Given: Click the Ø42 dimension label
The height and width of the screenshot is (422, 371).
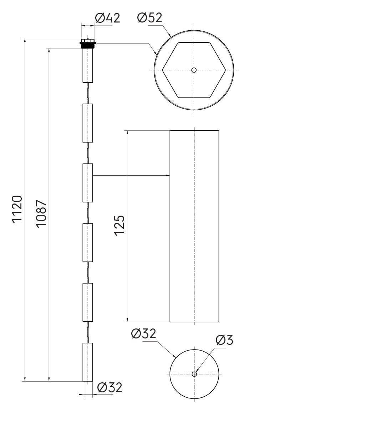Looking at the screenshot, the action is tap(107, 18).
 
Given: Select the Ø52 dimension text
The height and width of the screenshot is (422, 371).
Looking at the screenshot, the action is tap(150, 17).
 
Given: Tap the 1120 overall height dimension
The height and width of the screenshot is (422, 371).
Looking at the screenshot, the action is tap(17, 209).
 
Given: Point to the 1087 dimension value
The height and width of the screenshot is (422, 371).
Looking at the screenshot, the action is tap(41, 214).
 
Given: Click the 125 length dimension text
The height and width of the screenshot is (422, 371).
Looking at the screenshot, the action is tap(120, 226).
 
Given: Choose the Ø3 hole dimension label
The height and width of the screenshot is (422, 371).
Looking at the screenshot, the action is tap(224, 340).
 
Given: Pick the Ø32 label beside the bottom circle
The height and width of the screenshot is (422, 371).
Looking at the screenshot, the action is tap(143, 334).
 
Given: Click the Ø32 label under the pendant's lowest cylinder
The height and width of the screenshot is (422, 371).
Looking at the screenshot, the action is tap(110, 387).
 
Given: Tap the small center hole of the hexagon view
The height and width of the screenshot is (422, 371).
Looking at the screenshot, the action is tap(194, 70).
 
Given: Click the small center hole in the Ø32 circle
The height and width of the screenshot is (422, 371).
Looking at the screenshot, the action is tap(194, 374).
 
